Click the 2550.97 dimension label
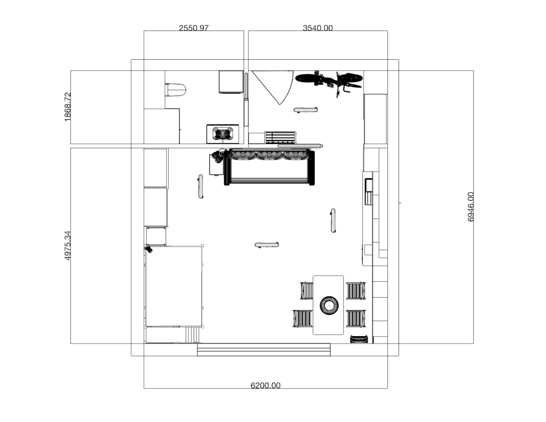[x=194, y=28]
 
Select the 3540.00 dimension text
[x=318, y=28]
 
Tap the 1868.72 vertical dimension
[x=68, y=107]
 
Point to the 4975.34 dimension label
[x=68, y=245]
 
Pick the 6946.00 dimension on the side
[x=470, y=207]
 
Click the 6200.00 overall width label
[x=265, y=385]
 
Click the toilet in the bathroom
[x=176, y=90]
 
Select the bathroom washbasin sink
[x=223, y=134]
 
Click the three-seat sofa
[x=270, y=167]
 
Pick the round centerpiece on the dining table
[x=329, y=305]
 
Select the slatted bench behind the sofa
[x=280, y=138]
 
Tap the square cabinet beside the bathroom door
[x=231, y=82]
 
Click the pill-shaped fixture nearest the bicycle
[x=305, y=110]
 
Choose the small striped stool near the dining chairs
[x=359, y=339]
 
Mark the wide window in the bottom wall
[x=264, y=349]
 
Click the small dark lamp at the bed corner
[x=149, y=249]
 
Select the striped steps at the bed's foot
[x=193, y=335]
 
